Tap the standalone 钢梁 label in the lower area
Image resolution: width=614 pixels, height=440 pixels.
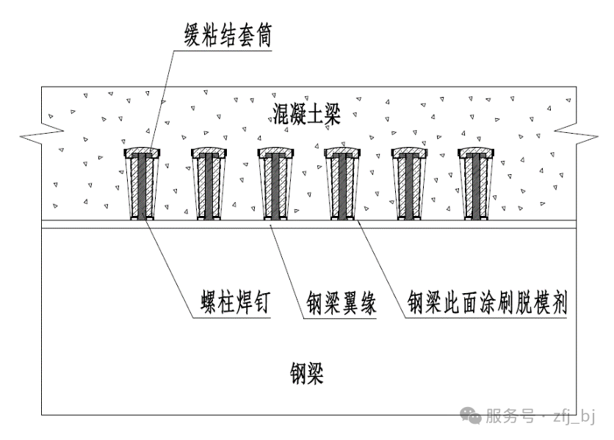coord(307,375)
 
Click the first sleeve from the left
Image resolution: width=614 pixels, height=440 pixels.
coord(143,187)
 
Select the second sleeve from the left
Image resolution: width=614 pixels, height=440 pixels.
coord(210,187)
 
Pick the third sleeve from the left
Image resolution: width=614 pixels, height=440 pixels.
coord(277,187)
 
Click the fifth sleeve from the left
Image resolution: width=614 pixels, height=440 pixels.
coord(410,187)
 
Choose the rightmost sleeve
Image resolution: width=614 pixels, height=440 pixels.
coord(477,187)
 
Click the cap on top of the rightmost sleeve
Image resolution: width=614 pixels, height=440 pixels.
coord(477,153)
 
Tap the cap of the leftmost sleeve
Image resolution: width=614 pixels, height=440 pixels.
coord(143,153)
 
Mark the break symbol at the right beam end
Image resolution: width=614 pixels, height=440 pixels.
coord(573,133)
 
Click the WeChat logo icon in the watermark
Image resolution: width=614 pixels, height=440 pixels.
coord(472,417)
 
